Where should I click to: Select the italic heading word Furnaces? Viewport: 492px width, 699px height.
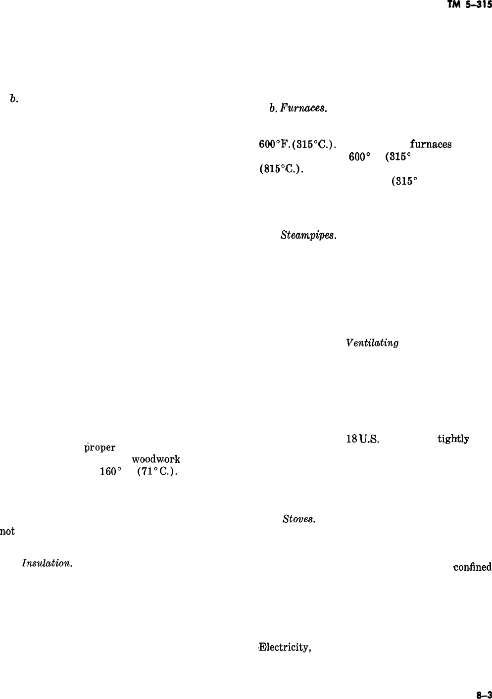[x=304, y=108]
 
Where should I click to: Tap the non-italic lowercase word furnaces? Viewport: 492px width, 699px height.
[x=431, y=145]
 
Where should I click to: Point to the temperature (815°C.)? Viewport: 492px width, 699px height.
[x=281, y=168]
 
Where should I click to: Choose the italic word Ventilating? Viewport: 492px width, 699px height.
[x=372, y=343]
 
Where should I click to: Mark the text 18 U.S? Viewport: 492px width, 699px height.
[x=362, y=439]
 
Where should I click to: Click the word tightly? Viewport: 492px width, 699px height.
[x=453, y=439]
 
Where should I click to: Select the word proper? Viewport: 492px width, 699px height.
[x=99, y=448]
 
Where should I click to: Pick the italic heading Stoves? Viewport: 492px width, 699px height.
[x=299, y=519]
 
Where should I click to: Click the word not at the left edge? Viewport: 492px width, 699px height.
[x=7, y=531]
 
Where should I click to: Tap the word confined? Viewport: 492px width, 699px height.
[x=472, y=567]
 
